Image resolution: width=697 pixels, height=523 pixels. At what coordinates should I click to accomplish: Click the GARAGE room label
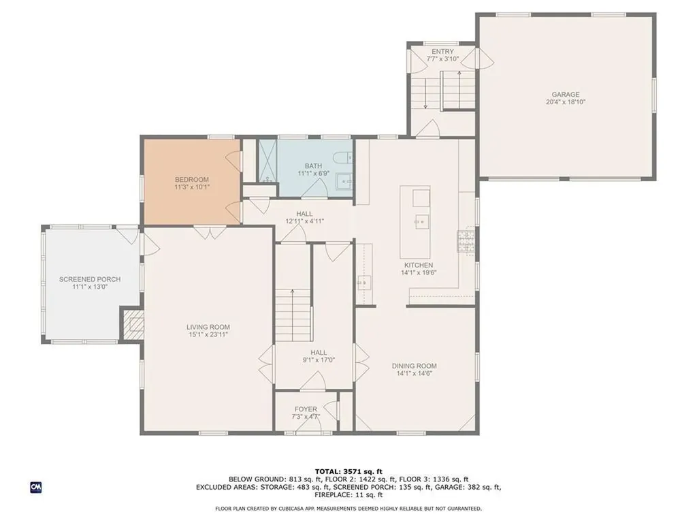click(x=566, y=94)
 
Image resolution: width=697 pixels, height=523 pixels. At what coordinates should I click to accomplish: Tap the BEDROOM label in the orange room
click(x=191, y=180)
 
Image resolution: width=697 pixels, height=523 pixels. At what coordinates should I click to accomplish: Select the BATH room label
click(x=313, y=166)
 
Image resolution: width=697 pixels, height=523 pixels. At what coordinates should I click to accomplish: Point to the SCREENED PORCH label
click(x=90, y=279)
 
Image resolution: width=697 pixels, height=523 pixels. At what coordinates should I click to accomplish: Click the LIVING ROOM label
click(x=208, y=328)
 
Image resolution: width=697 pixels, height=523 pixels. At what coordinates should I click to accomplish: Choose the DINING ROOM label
click(x=415, y=366)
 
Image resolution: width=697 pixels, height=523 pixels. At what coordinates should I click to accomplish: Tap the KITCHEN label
click(x=419, y=265)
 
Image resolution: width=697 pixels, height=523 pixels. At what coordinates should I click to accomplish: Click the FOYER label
click(x=306, y=409)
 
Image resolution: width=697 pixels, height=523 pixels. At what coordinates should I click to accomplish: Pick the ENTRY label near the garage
click(x=442, y=52)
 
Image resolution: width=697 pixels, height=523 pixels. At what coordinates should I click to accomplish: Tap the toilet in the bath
click(x=343, y=157)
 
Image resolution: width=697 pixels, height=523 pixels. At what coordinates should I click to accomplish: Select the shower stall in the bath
click(x=268, y=161)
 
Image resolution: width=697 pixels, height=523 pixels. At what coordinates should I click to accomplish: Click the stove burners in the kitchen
click(x=466, y=241)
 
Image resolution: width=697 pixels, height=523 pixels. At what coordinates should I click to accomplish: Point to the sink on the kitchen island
click(x=422, y=221)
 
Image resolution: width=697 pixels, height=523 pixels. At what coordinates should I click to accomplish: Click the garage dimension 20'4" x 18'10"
click(x=566, y=102)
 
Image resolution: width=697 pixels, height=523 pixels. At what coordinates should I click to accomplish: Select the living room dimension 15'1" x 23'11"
click(x=208, y=334)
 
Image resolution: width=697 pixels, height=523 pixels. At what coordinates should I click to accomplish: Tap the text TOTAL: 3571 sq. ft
click(x=348, y=471)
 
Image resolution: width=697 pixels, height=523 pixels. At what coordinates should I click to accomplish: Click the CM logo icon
click(x=36, y=488)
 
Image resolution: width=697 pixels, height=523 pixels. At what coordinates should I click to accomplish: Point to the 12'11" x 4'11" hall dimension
click(x=304, y=221)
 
